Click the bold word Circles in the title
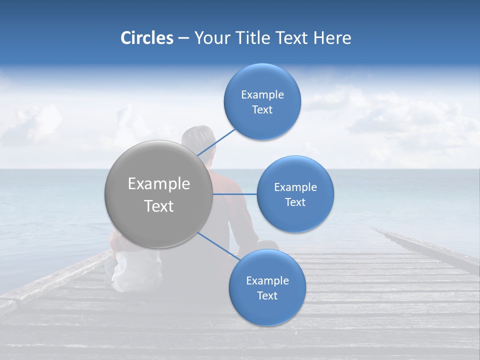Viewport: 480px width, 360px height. pyautogui.click(x=147, y=38)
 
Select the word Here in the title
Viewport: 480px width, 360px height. pyautogui.click(x=332, y=38)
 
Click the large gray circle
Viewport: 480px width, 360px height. pyautogui.click(x=159, y=194)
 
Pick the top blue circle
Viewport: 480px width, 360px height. pyautogui.click(x=262, y=101)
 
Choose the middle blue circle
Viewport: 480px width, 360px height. pyautogui.click(x=295, y=194)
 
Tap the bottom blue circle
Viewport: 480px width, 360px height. pyautogui.click(x=267, y=287)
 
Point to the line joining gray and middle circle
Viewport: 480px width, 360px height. pyautogui.click(x=235, y=194)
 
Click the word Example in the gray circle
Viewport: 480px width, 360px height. pyautogui.click(x=159, y=184)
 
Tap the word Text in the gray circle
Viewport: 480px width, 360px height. pyautogui.click(x=159, y=206)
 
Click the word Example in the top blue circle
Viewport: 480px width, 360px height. pyautogui.click(x=262, y=94)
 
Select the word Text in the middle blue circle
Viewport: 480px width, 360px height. pyautogui.click(x=295, y=202)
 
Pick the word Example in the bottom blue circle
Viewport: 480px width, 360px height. pyautogui.click(x=267, y=280)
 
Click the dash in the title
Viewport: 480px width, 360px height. pyautogui.click(x=183, y=38)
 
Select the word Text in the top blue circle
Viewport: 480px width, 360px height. pyautogui.click(x=262, y=109)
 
